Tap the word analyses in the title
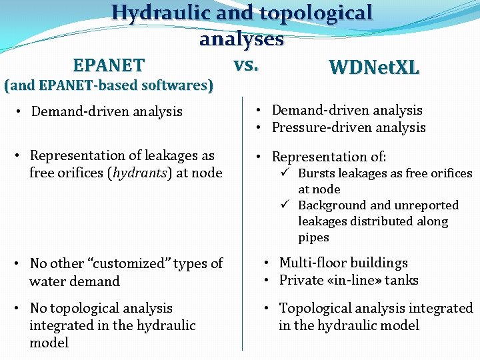click(241, 39)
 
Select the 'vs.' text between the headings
click(246, 65)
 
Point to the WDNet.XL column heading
click(374, 67)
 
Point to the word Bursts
click(315, 173)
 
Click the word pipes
click(313, 237)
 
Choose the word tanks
click(401, 280)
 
